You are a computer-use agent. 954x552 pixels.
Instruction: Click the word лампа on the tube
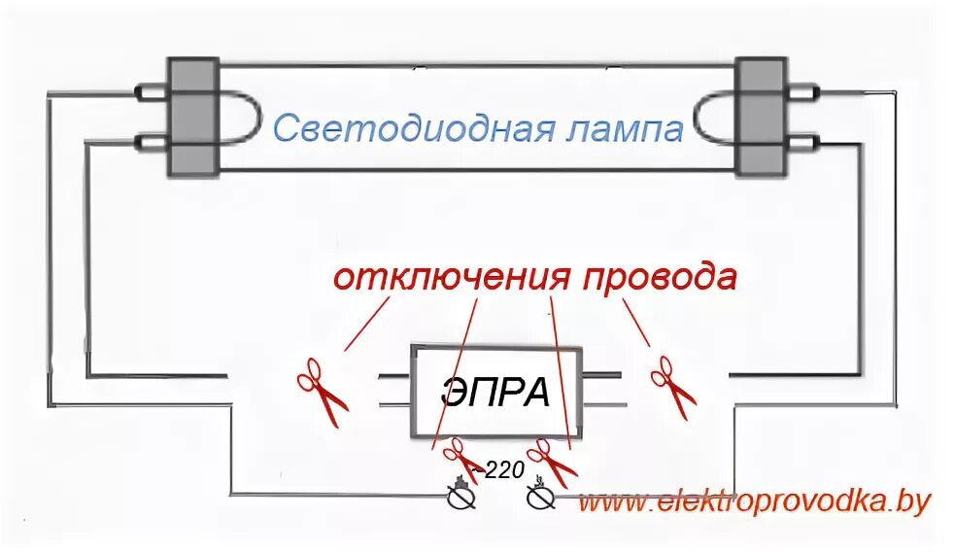621,128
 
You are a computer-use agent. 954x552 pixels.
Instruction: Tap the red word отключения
451,277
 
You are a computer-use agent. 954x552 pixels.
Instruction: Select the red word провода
660,277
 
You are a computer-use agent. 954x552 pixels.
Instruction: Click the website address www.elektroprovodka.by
755,502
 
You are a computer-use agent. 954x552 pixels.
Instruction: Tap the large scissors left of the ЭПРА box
322,391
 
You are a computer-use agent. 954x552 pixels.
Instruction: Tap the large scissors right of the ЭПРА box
673,386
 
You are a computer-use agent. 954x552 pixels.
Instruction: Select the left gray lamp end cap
191,117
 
